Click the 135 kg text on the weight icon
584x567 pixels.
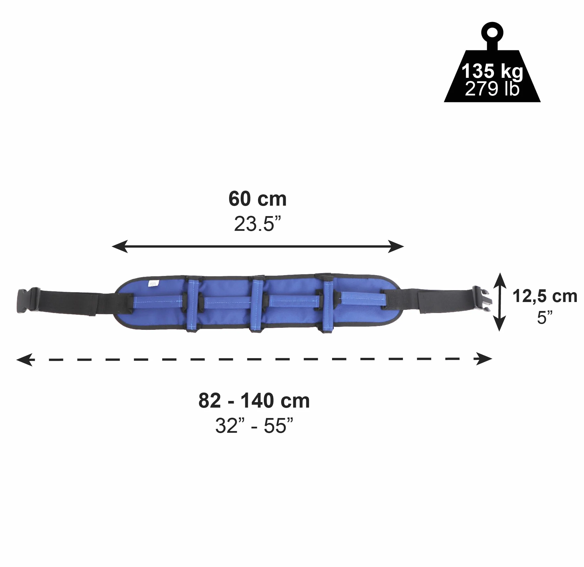pyautogui.click(x=492, y=71)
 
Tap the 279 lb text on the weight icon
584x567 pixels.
pyautogui.click(x=492, y=89)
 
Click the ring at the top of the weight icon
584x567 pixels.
pyautogui.click(x=492, y=32)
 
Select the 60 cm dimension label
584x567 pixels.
pyautogui.click(x=257, y=199)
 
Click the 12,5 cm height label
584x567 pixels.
pyautogui.click(x=545, y=296)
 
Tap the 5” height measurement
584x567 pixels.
pyautogui.click(x=545, y=317)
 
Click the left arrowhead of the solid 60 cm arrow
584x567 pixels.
pyautogui.click(x=120, y=246)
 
